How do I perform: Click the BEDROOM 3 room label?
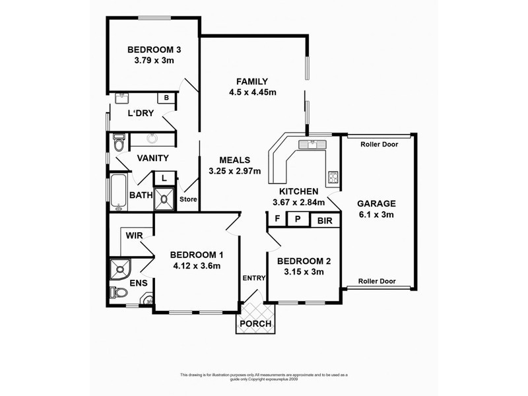pyautogui.click(x=154, y=49)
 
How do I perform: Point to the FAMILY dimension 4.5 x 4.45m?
pyautogui.click(x=253, y=92)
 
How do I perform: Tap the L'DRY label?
pyautogui.click(x=141, y=113)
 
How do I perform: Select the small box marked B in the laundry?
pyautogui.click(x=166, y=98)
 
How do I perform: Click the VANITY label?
pyautogui.click(x=152, y=158)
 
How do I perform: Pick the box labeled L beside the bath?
pyautogui.click(x=163, y=178)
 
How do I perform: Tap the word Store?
pyautogui.click(x=189, y=199)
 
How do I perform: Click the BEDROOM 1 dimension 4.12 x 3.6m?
pyautogui.click(x=195, y=267)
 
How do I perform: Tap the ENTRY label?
pyautogui.click(x=253, y=278)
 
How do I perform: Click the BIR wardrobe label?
pyautogui.click(x=324, y=220)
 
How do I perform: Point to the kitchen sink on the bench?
pyautogui.click(x=308, y=144)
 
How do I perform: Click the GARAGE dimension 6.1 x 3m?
pyautogui.click(x=377, y=214)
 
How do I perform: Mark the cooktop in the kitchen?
pyautogui.click(x=332, y=177)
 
